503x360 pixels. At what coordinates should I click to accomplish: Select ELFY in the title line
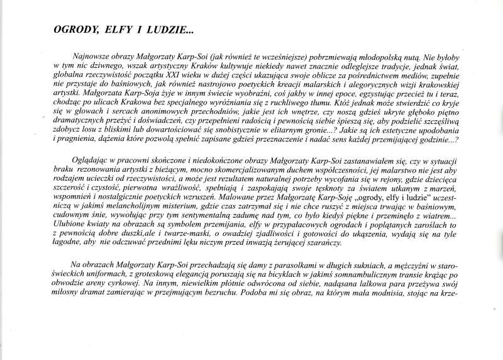(111, 30)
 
